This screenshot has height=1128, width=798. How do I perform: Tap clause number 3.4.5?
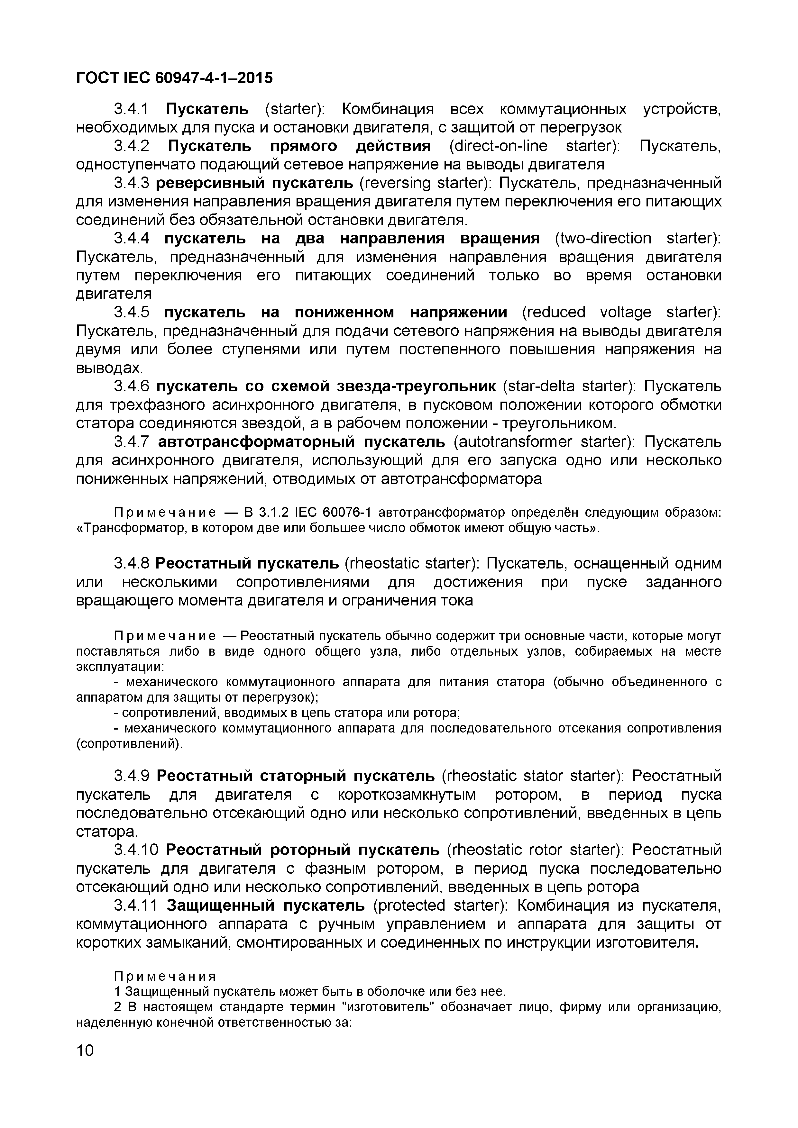click(x=131, y=313)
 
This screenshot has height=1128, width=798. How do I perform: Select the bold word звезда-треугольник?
click(x=417, y=387)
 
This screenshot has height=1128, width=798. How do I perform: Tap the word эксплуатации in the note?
click(x=120, y=667)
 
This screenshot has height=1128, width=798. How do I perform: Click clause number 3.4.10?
click(x=136, y=850)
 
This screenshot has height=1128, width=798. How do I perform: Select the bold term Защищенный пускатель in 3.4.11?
click(x=266, y=905)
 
